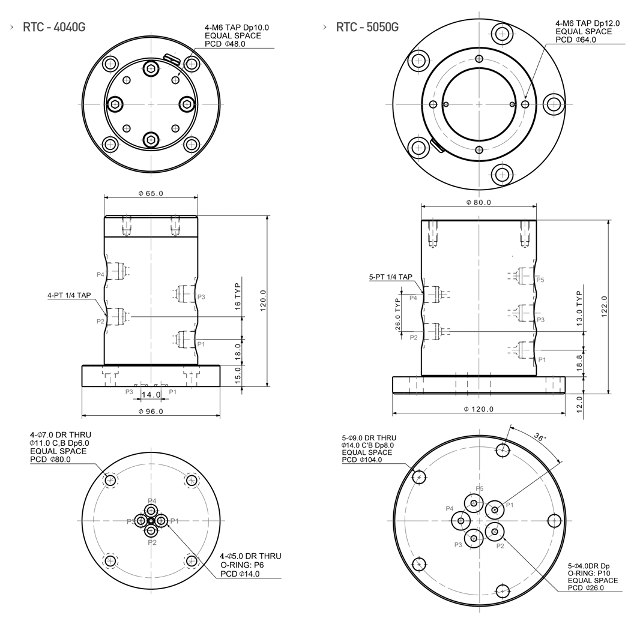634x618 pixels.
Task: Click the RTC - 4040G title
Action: point(54,27)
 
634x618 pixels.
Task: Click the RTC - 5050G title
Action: point(367,27)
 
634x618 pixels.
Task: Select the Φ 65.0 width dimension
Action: point(151,194)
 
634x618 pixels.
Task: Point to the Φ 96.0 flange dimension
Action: point(151,412)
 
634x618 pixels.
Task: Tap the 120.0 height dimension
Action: point(263,301)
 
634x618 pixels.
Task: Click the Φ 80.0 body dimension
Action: point(479,202)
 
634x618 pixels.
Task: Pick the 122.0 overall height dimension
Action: point(605,307)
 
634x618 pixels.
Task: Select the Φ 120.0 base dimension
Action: point(479,409)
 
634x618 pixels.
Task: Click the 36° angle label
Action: point(540,437)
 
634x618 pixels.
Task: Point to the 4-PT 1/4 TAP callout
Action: point(69,295)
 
